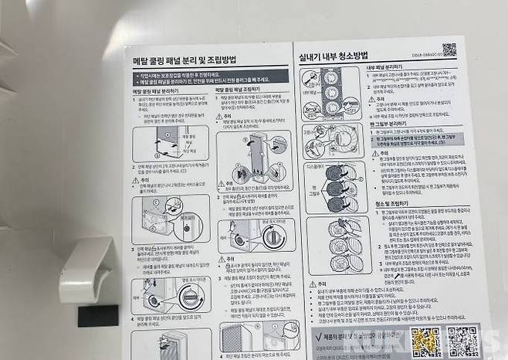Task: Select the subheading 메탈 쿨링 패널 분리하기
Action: click(x=154, y=91)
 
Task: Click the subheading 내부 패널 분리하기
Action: click(x=384, y=68)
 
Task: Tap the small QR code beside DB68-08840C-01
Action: click(x=449, y=49)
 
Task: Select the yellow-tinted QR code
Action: click(x=425, y=342)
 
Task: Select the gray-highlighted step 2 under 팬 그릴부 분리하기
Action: click(x=417, y=141)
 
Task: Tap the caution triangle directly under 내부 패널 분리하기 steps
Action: click(x=370, y=97)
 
